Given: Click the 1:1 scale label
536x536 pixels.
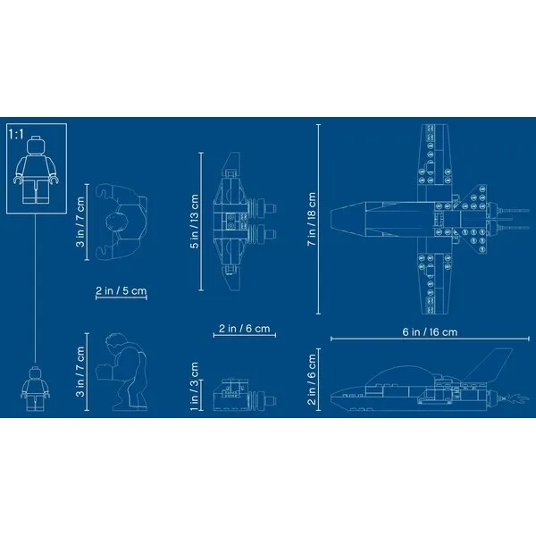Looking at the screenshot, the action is click(x=16, y=134).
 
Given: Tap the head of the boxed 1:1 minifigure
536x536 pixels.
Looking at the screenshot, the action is click(x=36, y=146).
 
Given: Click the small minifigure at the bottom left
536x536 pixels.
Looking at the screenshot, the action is click(x=35, y=389).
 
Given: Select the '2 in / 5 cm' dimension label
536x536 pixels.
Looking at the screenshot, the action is click(x=121, y=290).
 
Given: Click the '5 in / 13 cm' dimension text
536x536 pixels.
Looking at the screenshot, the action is click(x=194, y=222).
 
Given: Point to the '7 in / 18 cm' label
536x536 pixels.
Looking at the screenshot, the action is click(x=312, y=219).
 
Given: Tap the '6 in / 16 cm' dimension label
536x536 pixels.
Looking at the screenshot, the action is click(x=430, y=332).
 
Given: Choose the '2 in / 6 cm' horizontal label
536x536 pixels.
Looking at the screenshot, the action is click(x=245, y=329).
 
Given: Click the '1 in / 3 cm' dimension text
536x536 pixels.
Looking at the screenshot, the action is click(x=194, y=386).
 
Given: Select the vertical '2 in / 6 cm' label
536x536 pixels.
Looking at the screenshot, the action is click(x=312, y=380).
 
